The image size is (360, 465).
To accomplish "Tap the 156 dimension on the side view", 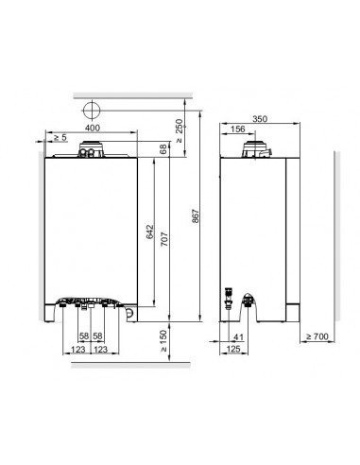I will tap(238, 129).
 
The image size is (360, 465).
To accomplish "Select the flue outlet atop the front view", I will tap(92, 148).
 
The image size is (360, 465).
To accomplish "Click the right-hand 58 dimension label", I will tap(97, 336).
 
